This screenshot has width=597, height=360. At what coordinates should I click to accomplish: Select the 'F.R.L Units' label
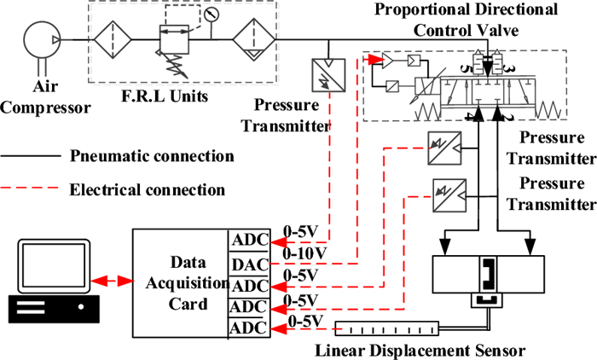coord(171,95)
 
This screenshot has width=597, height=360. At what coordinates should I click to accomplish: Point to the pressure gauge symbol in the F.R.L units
coord(212,15)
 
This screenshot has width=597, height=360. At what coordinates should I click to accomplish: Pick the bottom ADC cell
coord(250,328)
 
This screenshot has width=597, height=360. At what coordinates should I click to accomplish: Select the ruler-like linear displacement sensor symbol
coord(388,327)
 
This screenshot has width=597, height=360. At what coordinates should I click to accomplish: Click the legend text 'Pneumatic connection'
coord(152,156)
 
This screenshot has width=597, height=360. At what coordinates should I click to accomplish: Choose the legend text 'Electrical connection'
coord(148,189)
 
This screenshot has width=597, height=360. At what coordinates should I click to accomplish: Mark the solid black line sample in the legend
coord(32,157)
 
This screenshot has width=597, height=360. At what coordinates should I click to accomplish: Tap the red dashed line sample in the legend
coord(32,189)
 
